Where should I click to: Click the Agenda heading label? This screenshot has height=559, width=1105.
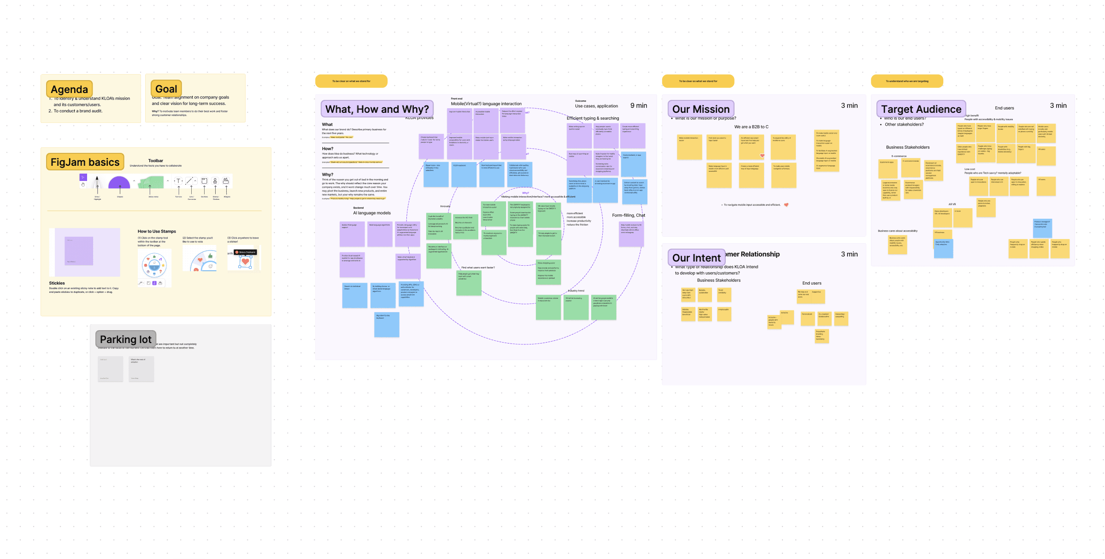pos(70,89)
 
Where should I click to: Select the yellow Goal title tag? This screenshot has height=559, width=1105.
pos(166,89)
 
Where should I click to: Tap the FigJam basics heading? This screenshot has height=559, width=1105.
pos(85,162)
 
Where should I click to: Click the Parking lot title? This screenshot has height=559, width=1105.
pos(125,339)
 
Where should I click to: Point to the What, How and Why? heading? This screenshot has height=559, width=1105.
pos(377,109)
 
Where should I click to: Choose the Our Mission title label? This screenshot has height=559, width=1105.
pos(700,109)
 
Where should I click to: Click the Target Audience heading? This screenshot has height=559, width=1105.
pos(921,109)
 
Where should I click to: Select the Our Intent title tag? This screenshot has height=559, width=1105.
pos(696,258)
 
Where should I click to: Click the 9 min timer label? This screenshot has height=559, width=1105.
pos(639,105)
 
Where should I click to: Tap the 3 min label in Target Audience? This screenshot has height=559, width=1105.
pos(1058,105)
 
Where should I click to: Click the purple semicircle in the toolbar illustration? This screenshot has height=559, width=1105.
pos(119,183)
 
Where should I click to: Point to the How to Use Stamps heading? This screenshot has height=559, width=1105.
pos(157,232)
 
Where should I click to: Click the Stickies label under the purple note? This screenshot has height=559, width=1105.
pos(57,283)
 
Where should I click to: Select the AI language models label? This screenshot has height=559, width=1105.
pos(372,213)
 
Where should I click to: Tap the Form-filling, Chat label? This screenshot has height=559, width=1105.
pos(628,215)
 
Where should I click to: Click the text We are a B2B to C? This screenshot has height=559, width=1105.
pos(751,127)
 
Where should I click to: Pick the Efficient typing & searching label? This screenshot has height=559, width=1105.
pos(593,118)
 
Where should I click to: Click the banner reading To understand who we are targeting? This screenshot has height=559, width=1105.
pos(907,81)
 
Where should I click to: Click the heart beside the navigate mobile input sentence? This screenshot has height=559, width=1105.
pos(786,205)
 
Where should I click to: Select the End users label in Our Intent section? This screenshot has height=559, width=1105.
pos(811,283)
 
